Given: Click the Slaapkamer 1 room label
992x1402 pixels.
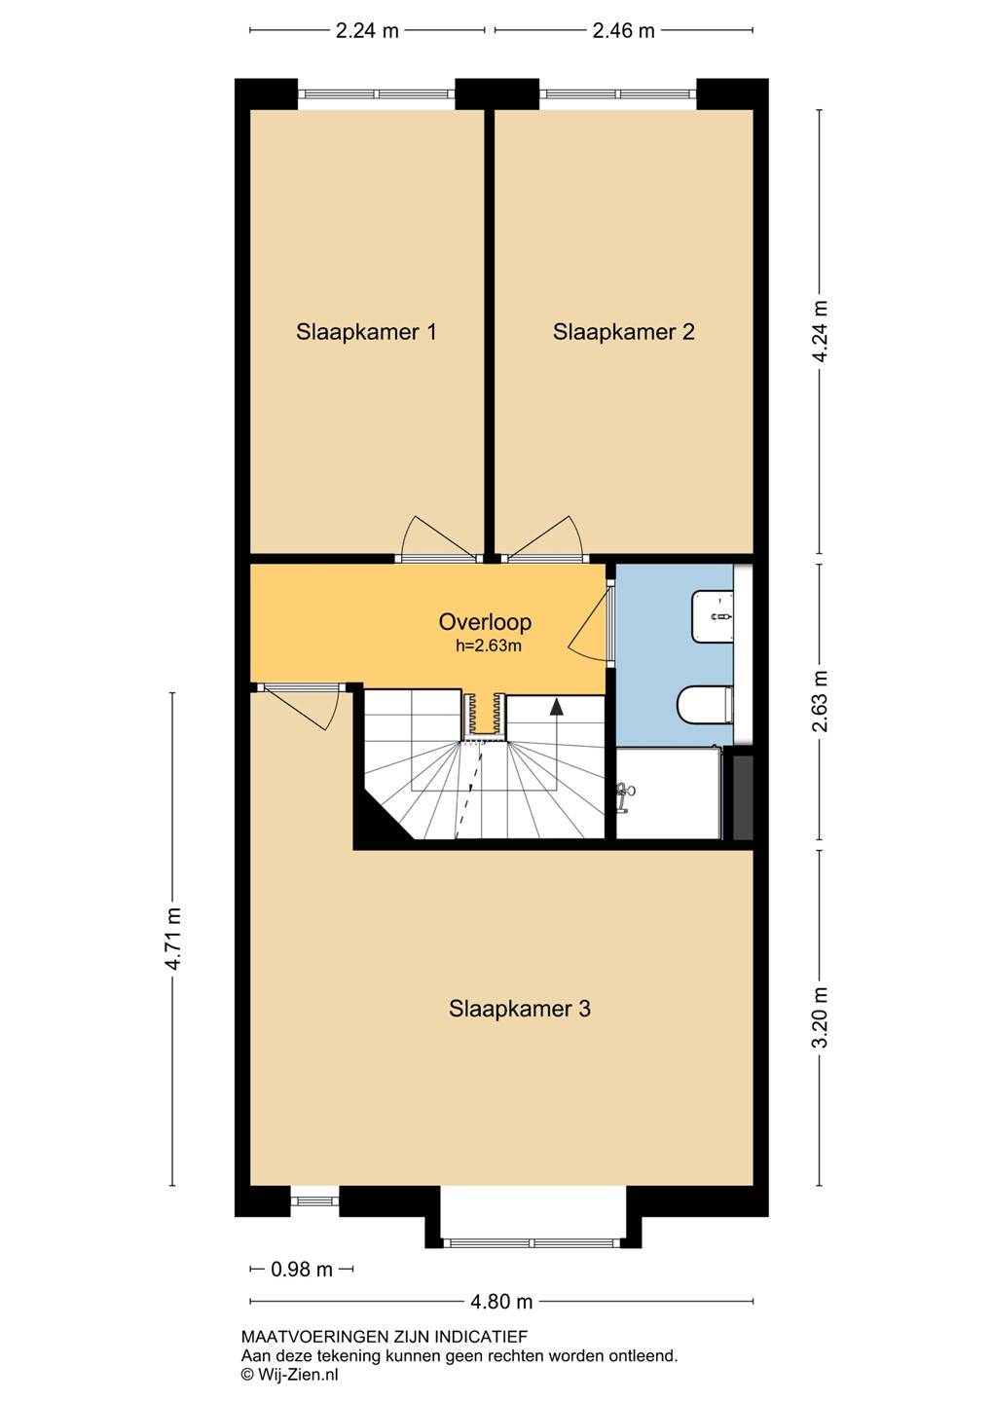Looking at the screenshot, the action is click(366, 332).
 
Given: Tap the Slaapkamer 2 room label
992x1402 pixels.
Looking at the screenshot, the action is click(623, 332).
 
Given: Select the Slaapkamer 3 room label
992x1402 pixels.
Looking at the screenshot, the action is click(520, 1009).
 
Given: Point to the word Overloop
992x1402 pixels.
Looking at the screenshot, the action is click(485, 622).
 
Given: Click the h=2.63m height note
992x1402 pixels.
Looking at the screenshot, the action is click(488, 646).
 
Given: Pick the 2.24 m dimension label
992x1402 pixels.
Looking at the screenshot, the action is click(367, 31).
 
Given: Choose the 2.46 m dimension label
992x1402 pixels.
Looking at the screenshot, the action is click(623, 31).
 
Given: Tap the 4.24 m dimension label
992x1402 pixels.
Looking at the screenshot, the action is click(820, 331).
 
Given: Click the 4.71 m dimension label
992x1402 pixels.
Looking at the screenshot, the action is click(172, 939).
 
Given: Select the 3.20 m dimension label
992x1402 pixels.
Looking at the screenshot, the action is click(820, 1017).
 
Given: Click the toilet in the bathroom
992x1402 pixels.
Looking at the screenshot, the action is click(706, 705).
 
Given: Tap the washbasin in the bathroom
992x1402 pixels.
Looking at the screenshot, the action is click(713, 616).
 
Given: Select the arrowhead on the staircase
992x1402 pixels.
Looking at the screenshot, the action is click(557, 707).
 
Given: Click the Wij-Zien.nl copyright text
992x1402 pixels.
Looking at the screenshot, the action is click(290, 1375).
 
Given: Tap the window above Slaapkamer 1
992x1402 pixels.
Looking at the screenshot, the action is click(376, 93).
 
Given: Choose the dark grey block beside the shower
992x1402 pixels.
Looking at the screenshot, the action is click(743, 797).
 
